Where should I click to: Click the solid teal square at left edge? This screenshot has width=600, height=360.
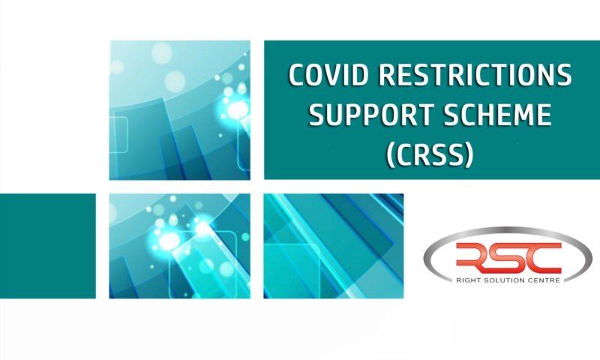coord(47,246)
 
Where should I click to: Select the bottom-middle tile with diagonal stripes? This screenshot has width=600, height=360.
coord(334,246)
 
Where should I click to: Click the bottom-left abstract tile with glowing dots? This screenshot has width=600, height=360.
coord(179,246)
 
